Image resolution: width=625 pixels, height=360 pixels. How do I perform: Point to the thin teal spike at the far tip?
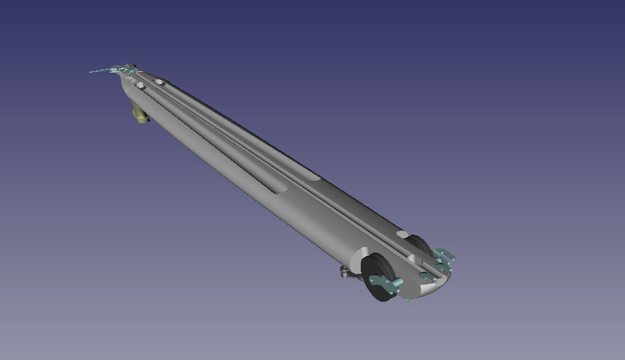[96, 70]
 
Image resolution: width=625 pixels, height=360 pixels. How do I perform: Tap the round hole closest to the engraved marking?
[140, 86]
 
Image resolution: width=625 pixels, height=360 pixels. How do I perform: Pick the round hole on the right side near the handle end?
[160, 82]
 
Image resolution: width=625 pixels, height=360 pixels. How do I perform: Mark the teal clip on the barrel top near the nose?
[426, 276]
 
